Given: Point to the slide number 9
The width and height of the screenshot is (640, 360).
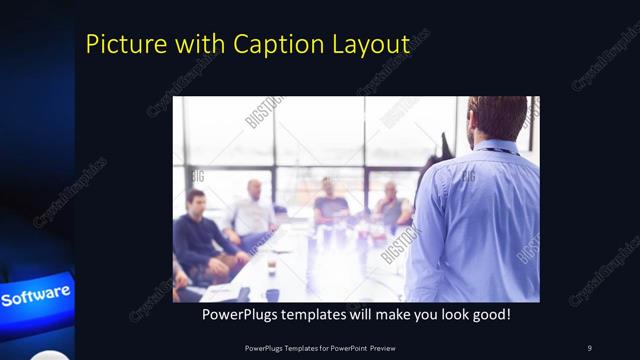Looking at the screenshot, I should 589,347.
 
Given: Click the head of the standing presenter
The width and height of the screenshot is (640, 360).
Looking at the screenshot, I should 497,118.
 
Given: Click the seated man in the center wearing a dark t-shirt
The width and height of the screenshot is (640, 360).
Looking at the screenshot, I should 330,205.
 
